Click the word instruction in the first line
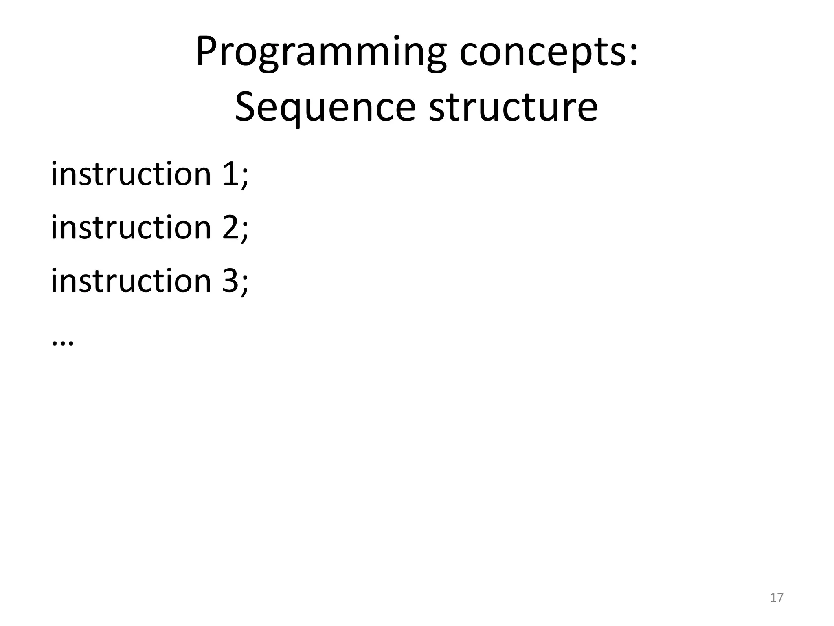click(x=131, y=174)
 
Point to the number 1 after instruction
click(x=230, y=174)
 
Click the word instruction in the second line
click(x=131, y=227)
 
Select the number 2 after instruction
click(x=230, y=228)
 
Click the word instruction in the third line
click(x=131, y=281)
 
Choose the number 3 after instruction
click(x=230, y=281)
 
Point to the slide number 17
click(x=777, y=597)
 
